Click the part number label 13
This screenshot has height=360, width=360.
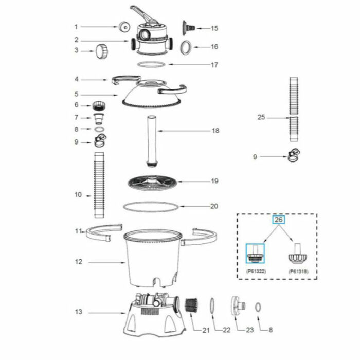[78, 312]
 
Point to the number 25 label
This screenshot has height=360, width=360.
[262, 118]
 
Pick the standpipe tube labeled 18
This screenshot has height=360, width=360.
[152, 140]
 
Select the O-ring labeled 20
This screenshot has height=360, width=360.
[151, 207]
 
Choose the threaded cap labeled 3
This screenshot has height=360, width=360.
[101, 51]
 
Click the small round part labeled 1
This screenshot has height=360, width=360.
[123, 27]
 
